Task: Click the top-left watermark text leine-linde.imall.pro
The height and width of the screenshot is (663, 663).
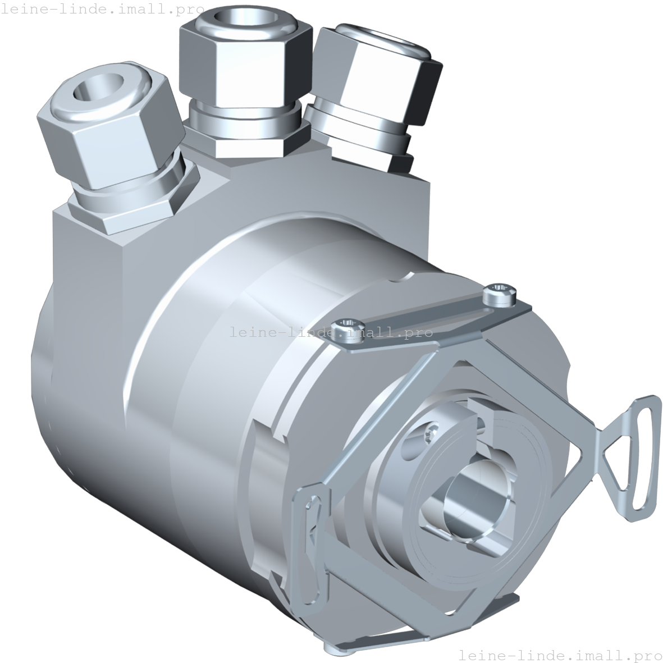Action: click(x=102, y=10)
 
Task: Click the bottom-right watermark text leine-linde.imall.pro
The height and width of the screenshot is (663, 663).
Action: click(x=560, y=655)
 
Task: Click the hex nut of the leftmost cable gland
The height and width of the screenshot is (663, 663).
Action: click(x=112, y=138)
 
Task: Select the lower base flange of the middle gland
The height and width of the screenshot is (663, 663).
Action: click(x=250, y=143)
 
